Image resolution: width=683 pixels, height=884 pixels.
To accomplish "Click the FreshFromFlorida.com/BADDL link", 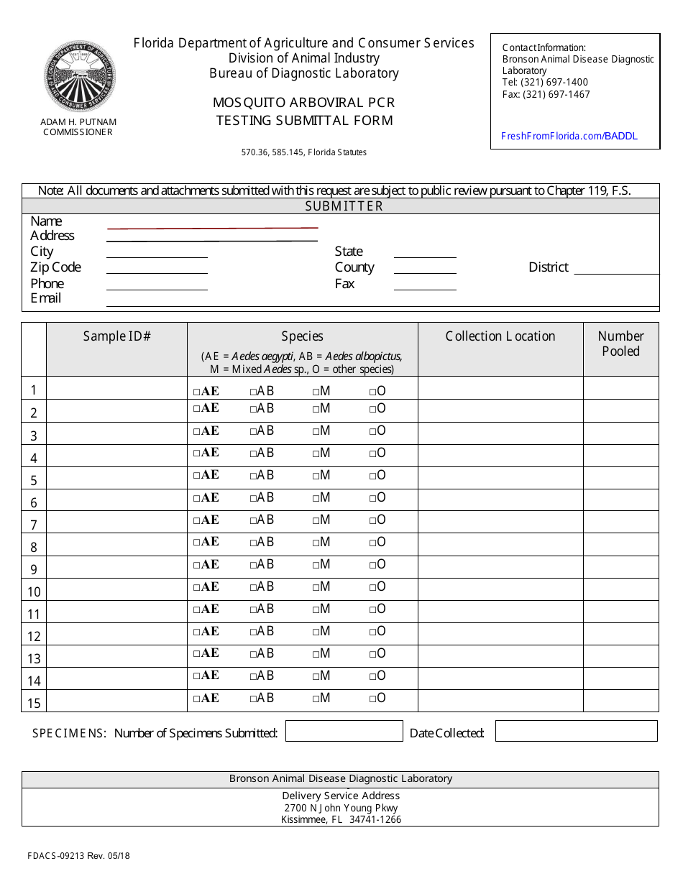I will coord(568,136).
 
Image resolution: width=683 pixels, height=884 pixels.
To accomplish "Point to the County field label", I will coord(354,267).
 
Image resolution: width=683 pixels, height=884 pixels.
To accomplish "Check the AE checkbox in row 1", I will coord(197,392).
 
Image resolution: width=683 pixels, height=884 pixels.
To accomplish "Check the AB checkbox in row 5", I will coord(254,476).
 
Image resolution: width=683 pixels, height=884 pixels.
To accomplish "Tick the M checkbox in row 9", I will coord(316,565).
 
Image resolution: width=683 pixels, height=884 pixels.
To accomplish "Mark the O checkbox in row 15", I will coord(373,699).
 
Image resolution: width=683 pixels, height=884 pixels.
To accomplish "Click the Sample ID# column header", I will coord(116,336).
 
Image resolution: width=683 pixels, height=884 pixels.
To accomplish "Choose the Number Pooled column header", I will coord(620,344).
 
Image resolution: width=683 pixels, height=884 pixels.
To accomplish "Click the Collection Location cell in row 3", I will coord(500,433).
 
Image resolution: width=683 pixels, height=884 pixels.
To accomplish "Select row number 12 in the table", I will coord(34,636).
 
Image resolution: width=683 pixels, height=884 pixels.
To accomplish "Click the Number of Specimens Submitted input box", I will coord(344,731).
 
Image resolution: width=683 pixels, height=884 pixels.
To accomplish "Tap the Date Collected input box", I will coord(576,731).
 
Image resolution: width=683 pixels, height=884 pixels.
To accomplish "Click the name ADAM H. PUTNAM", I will coord(78,122).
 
